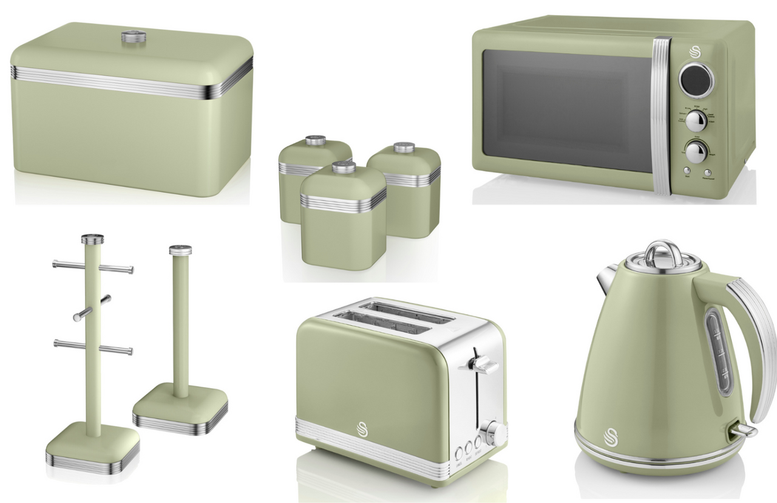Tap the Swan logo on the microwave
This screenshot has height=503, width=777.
pos(695,52)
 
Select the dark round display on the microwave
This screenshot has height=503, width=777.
pos(696,79)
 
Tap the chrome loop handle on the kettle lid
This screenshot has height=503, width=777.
pos(662,251)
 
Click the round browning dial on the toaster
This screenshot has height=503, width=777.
pos(496,433)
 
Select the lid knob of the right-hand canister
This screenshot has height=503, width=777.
pos(403,148)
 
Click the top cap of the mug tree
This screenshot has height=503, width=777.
pos(92,238)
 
